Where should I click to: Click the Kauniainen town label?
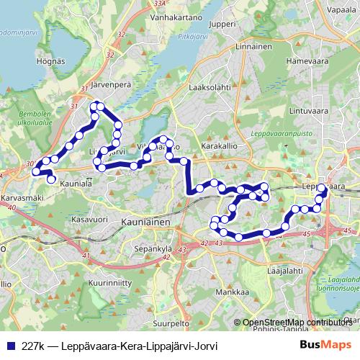146,223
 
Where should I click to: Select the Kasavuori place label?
90,217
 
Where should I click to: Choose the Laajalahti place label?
283,271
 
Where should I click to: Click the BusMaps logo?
325,345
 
